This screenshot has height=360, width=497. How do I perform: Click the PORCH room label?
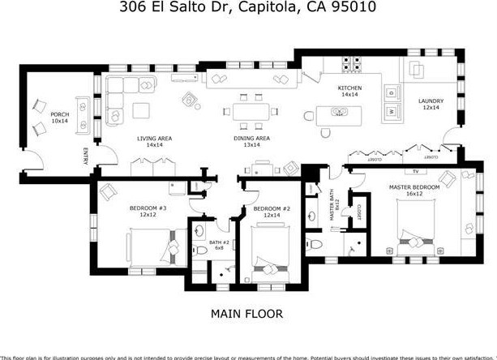tap(59, 116)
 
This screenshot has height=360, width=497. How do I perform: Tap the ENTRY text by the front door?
tap(84, 156)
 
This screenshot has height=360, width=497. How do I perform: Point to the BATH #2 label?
tap(218, 244)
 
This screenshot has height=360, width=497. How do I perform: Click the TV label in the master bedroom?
tap(416, 172)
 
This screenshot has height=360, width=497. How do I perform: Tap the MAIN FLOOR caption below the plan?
tap(247, 314)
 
